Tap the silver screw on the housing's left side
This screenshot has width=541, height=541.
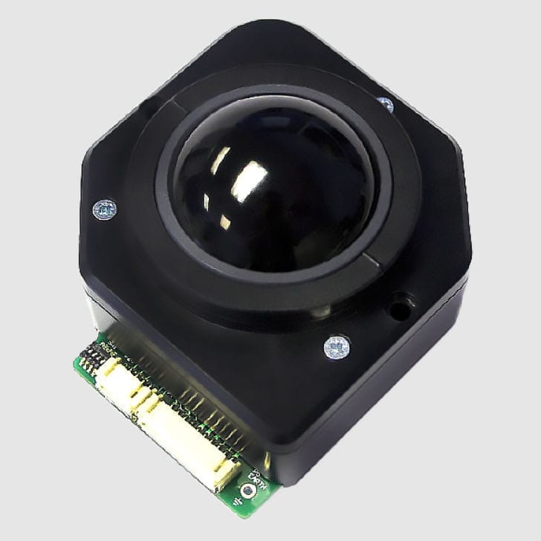[105, 210]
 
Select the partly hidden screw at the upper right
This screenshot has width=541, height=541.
[386, 105]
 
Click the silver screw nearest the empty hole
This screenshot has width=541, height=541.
[337, 346]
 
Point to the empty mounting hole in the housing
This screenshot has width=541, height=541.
[400, 305]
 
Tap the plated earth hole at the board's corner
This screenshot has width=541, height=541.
[248, 490]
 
